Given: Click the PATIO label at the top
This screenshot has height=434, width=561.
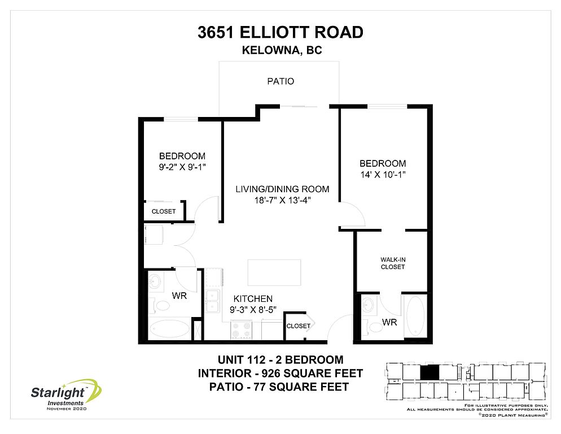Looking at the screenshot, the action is click(x=280, y=81).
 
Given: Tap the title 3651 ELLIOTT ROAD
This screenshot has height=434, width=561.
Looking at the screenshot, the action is click(x=280, y=32).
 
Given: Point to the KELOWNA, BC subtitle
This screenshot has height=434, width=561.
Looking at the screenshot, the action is click(x=282, y=50).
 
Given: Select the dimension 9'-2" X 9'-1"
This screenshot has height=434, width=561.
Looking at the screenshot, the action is click(x=182, y=167).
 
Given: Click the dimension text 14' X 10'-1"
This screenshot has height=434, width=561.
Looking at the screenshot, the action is click(x=383, y=175).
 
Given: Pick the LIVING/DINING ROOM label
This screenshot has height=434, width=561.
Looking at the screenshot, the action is click(x=282, y=189).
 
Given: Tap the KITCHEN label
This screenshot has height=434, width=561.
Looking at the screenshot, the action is click(x=253, y=298).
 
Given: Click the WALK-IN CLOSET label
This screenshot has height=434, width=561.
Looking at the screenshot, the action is click(x=393, y=263).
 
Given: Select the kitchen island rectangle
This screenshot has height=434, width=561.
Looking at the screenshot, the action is click(x=274, y=273).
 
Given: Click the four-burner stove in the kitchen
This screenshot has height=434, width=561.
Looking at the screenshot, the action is click(x=241, y=329).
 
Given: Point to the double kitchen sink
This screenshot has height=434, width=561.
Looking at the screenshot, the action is click(x=213, y=301).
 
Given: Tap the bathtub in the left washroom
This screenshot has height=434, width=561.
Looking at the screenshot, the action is click(x=169, y=329).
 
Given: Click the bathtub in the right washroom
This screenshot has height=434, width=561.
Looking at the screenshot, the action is click(x=415, y=316).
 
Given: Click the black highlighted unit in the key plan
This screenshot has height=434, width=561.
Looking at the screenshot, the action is click(x=429, y=373).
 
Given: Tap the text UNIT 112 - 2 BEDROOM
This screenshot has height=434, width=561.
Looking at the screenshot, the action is click(x=280, y=359).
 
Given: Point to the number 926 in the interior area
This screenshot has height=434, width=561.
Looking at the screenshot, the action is click(x=271, y=374).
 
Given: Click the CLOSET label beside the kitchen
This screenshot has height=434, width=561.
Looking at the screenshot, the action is click(x=299, y=325).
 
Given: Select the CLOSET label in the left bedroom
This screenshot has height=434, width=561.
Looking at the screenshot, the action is click(x=164, y=211).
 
